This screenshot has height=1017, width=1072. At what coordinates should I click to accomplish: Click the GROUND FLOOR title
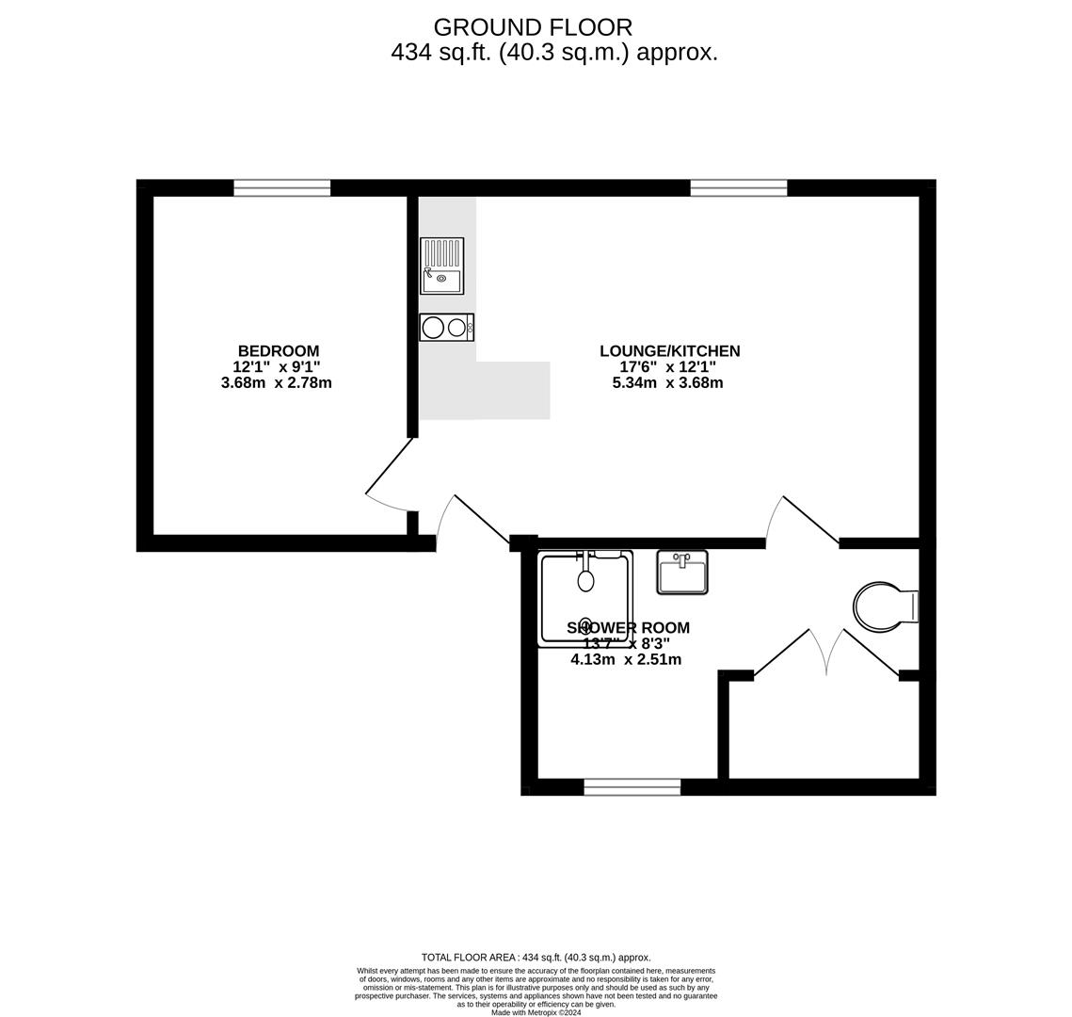click(x=533, y=27)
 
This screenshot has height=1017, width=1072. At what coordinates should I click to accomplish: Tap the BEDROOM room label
click(x=278, y=351)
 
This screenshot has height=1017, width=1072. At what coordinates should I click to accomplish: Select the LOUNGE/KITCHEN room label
click(x=669, y=351)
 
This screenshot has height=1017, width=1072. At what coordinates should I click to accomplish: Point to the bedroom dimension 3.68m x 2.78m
click(x=276, y=383)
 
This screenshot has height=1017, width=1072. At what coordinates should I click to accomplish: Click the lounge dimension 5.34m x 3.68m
click(x=667, y=383)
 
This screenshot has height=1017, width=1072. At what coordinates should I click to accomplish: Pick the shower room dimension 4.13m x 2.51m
click(x=626, y=660)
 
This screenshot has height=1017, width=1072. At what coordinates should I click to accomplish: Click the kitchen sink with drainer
click(x=441, y=266)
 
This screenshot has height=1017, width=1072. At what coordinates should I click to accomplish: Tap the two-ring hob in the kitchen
click(x=446, y=327)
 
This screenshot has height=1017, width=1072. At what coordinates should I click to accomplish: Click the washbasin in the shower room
click(x=682, y=573)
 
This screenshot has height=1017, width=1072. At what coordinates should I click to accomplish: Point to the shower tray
click(x=584, y=599)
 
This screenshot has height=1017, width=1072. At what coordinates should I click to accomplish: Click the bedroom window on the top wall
click(x=281, y=187)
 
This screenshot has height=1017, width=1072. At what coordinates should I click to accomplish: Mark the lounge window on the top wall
click(x=738, y=187)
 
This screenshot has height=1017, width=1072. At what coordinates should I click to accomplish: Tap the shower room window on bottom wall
click(x=632, y=787)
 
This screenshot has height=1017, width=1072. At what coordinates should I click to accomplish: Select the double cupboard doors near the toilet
click(x=826, y=653)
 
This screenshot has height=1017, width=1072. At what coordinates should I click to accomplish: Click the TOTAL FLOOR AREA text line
click(x=536, y=958)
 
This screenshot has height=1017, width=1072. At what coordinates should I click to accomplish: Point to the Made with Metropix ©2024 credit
click(x=536, y=1012)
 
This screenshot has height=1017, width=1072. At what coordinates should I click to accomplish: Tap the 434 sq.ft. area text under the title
click(x=554, y=53)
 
